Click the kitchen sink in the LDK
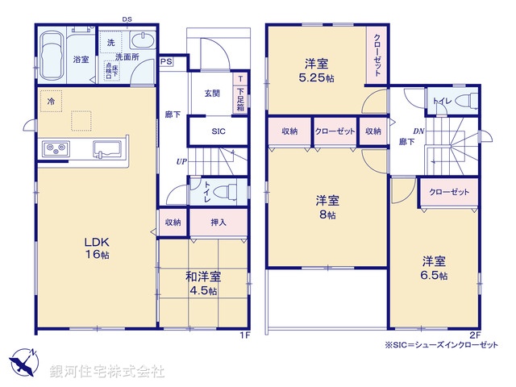tap(106, 148)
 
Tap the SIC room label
tap(218, 132)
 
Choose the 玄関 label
tap(212, 94)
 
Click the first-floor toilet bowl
tap(230, 192)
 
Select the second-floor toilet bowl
tap(462, 102)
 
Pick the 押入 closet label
tap(218, 223)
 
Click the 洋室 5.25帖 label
tap(314, 70)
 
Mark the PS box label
tap(166, 61)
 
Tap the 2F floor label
tap(475, 335)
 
